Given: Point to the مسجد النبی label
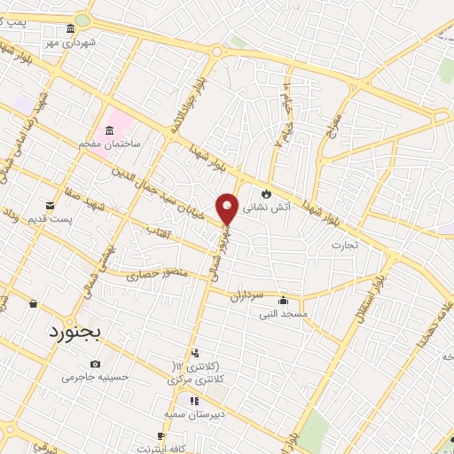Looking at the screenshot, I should tap(283, 313).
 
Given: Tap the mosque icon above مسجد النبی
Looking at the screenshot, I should tap(283, 300).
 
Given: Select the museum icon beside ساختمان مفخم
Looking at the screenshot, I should tap(109, 133).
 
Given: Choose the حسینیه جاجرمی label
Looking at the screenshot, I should tap(95, 376).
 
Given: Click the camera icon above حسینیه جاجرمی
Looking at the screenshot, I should tap(95, 364).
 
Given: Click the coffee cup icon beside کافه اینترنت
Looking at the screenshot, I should tap(160, 435).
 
